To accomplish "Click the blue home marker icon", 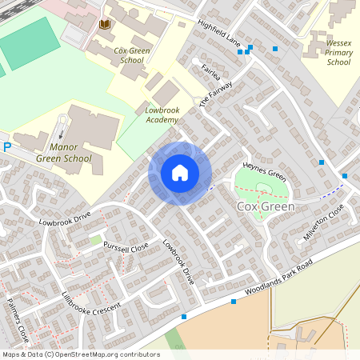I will (180, 173).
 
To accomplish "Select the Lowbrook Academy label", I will (163, 114).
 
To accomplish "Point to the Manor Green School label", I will (70, 153).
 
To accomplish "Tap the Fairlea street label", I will (211, 73).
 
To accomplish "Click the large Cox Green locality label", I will (266, 206).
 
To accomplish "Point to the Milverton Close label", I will (323, 222).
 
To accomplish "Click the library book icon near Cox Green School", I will (104, 26).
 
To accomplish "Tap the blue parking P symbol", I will (7, 146).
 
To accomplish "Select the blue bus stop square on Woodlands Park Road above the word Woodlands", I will (234, 302).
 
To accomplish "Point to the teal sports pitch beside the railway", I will (30, 43).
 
